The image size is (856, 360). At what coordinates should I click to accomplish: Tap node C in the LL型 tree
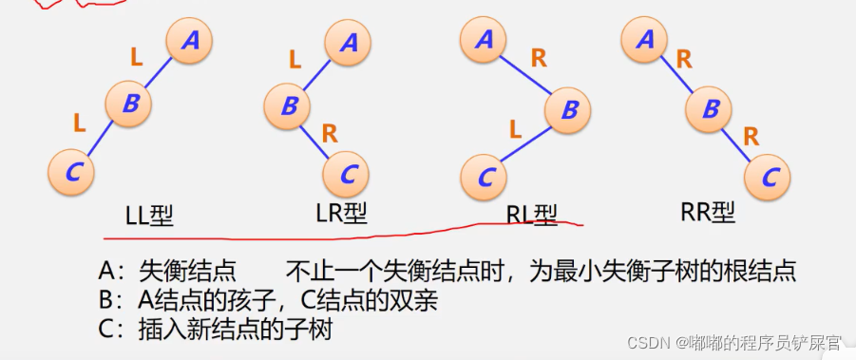click(x=72, y=171)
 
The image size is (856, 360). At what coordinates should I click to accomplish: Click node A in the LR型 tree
click(x=348, y=42)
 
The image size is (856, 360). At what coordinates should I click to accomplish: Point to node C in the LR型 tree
click(x=348, y=174)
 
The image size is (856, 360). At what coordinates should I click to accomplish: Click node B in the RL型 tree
click(x=569, y=109)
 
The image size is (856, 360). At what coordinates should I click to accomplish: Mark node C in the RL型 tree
click(x=485, y=177)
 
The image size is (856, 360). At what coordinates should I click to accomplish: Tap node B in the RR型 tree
click(x=710, y=108)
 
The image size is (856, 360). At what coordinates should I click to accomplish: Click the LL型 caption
click(x=149, y=216)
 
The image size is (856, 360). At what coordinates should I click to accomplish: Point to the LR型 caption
click(x=341, y=215)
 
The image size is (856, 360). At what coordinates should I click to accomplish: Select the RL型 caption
click(x=532, y=217)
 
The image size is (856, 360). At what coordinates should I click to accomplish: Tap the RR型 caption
click(x=708, y=213)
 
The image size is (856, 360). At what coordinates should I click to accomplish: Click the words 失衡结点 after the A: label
click(x=186, y=272)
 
